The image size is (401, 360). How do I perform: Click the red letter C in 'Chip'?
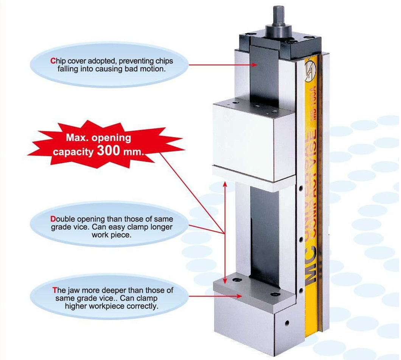[x=53, y=61]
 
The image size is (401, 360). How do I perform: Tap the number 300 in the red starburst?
[x=109, y=151]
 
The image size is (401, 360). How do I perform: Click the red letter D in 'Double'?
[x=53, y=219]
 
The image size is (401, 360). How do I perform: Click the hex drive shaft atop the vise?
[x=278, y=16]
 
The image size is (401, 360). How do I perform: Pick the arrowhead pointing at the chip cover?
[x=254, y=65]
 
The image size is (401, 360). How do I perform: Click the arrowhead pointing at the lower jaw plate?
[x=239, y=296]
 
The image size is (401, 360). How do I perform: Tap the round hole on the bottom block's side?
[x=287, y=323]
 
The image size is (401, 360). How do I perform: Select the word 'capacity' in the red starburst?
[x=73, y=152]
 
